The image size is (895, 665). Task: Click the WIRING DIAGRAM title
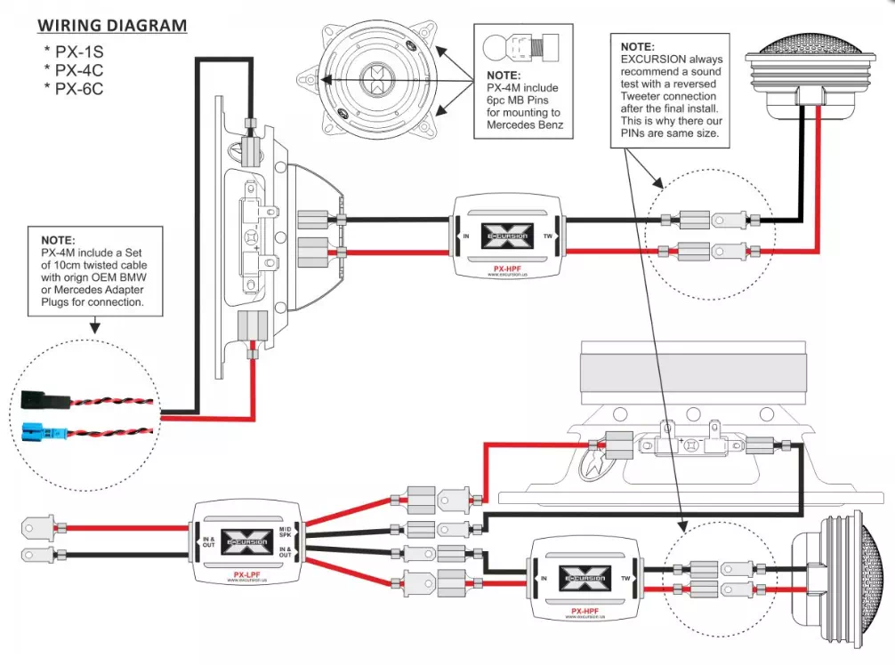[x=112, y=24]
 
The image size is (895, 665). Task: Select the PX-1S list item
[x=77, y=51]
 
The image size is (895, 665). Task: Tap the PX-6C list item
[x=77, y=89]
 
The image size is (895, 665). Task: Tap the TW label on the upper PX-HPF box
[x=548, y=236]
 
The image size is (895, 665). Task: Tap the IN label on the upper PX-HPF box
[x=465, y=236]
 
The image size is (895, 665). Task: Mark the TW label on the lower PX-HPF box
[x=625, y=577]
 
